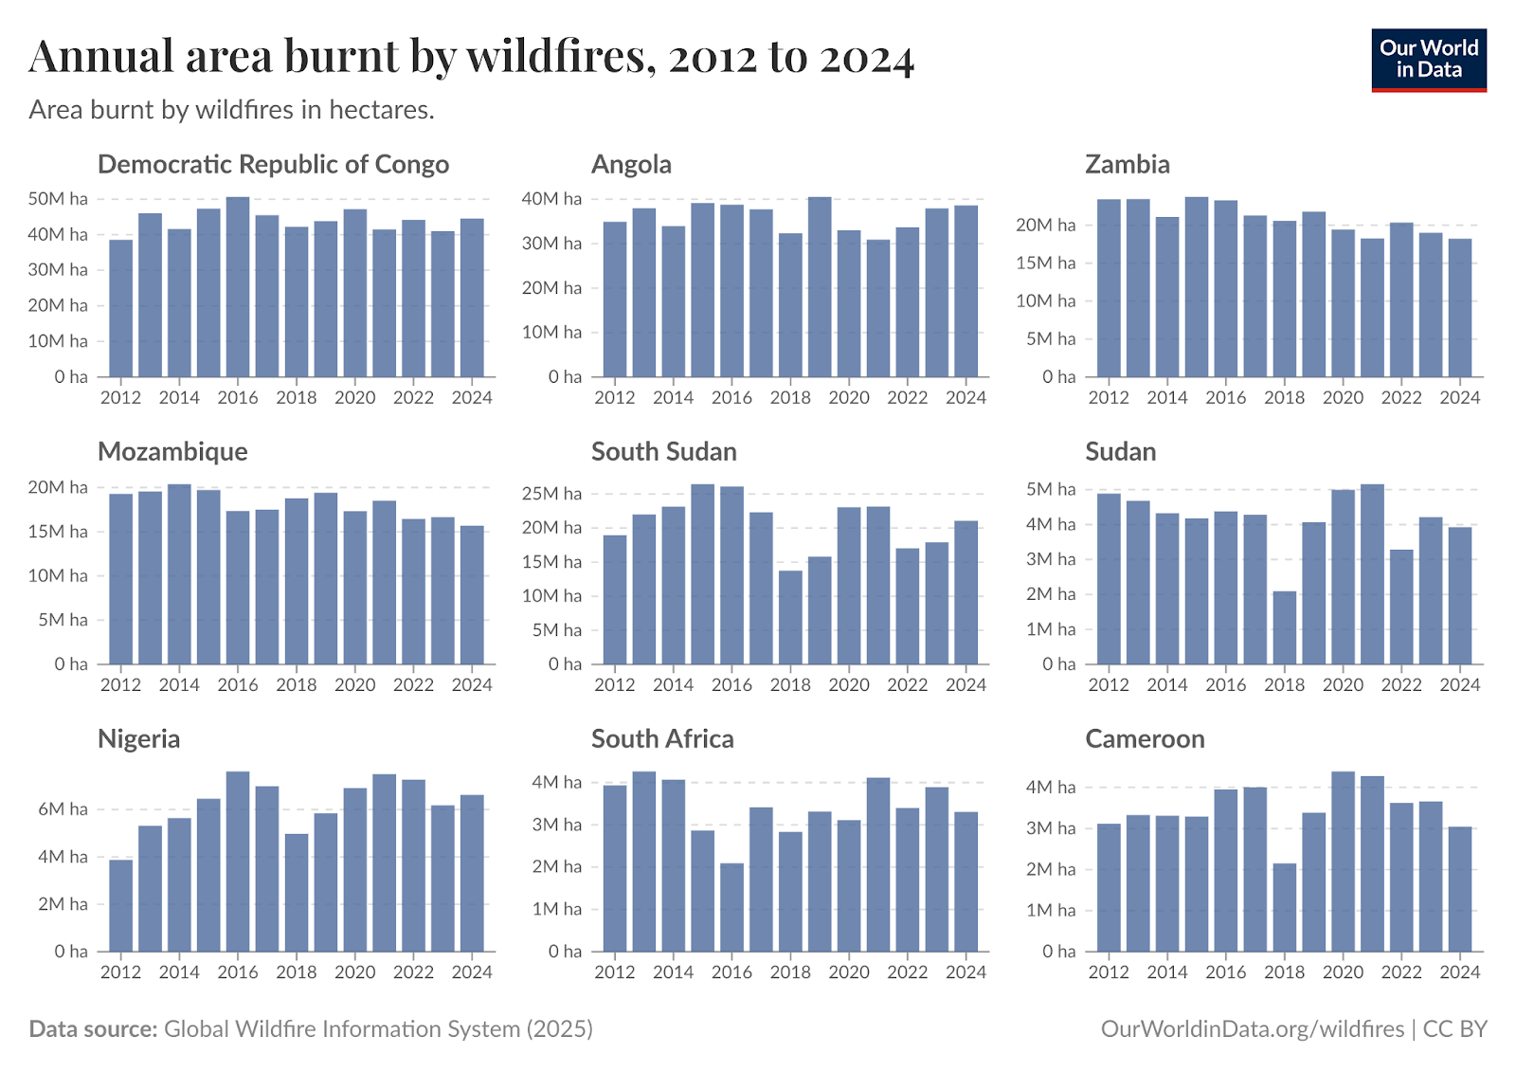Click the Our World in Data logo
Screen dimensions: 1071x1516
click(1428, 60)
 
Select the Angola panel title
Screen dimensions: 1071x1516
click(631, 165)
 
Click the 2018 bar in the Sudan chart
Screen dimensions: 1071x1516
click(1284, 627)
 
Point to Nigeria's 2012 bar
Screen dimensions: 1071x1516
click(121, 905)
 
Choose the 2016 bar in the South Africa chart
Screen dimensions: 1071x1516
click(731, 907)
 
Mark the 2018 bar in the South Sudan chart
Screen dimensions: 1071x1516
click(790, 617)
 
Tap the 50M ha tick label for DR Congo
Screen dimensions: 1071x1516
click(58, 199)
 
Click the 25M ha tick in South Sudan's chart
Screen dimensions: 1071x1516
click(551, 494)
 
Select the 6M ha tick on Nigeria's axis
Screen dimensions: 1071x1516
click(63, 809)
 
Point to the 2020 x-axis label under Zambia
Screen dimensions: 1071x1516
click(1343, 398)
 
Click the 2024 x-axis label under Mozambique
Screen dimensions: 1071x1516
click(472, 685)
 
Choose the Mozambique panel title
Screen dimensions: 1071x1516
click(172, 452)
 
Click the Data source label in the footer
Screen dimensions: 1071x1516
click(93, 1029)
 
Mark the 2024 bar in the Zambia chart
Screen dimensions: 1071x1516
click(1460, 308)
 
